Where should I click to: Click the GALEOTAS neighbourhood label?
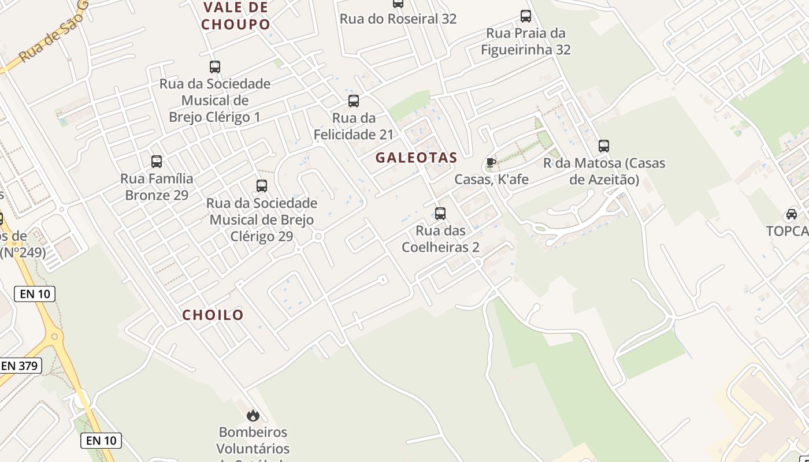pos(416,158)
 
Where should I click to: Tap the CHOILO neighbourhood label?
pos(213,315)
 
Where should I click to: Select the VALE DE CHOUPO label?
pos(236,16)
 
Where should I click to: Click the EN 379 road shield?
pos(20,366)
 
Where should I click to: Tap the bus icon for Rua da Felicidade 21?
pos(354,101)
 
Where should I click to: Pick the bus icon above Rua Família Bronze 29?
pos(157,162)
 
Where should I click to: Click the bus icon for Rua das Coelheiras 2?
pos(440,214)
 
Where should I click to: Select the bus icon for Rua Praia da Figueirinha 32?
pos(526,16)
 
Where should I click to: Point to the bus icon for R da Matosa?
pos(604,146)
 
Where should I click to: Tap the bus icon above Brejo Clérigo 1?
pos(215,67)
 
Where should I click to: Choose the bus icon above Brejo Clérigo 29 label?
pos(262,186)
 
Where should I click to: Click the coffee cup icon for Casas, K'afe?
pos(491,163)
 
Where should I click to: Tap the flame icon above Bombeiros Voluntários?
pos(253,415)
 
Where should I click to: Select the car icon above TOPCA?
pos(792,214)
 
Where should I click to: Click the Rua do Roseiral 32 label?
pos(398,18)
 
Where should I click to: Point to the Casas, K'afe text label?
pos(491,180)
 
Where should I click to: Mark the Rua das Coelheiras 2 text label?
pos(440,239)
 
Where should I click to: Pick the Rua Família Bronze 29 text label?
pos(157,187)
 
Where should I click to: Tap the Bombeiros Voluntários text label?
pos(253,440)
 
